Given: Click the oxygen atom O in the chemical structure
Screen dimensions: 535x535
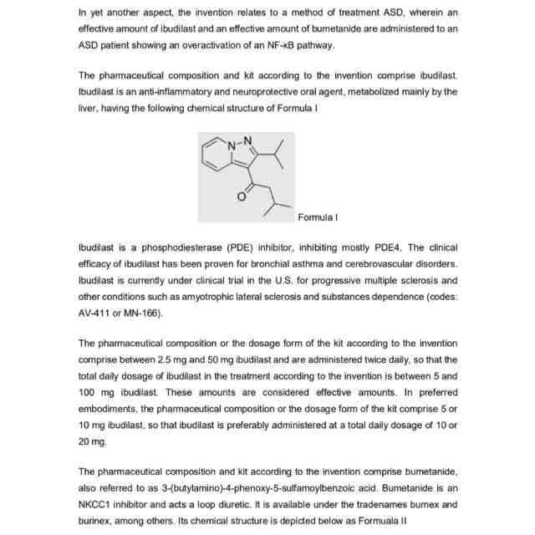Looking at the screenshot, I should click(242, 196).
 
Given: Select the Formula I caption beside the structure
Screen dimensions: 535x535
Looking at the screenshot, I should click(318, 217).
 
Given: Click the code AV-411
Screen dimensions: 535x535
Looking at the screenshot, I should click(95, 312).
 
